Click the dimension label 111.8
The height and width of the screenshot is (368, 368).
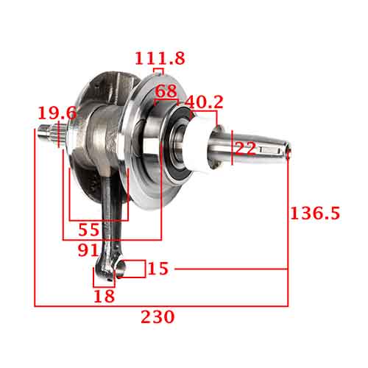point(160,57)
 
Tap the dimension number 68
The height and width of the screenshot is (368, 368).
point(167,93)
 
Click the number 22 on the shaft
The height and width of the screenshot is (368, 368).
point(245,149)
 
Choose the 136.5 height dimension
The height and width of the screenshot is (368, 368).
point(315,213)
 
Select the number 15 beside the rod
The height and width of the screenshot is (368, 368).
point(158,269)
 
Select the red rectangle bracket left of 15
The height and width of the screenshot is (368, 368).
point(132,269)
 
